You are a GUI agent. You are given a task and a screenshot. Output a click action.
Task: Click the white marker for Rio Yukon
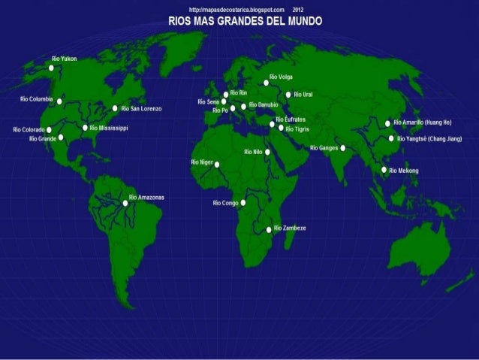[x=51, y=68]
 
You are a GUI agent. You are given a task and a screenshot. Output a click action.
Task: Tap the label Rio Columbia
[x=36, y=98]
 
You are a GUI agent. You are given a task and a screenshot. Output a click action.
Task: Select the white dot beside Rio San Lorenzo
[x=115, y=108]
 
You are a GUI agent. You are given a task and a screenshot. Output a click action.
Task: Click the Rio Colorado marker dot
[x=49, y=130]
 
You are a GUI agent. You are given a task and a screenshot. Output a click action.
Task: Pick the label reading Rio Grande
[x=43, y=138]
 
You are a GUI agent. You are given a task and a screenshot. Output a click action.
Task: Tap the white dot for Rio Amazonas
[x=125, y=203]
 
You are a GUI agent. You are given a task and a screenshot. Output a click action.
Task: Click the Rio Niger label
[x=202, y=162]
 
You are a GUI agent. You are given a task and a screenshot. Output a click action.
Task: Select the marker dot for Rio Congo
[x=243, y=202]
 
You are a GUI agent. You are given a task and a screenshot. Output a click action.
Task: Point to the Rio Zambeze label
[x=290, y=227]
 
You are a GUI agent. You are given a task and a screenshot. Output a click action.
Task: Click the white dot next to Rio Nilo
[x=267, y=152]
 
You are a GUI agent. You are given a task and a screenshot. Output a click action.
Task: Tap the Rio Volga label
[x=281, y=77]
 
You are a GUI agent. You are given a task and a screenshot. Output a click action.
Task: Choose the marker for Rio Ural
[x=288, y=95]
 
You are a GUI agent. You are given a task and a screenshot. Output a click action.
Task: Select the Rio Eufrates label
[x=291, y=119]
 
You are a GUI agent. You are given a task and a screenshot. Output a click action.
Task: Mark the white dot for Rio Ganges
[x=342, y=148]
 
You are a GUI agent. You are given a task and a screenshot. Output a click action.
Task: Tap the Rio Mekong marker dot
[x=384, y=171]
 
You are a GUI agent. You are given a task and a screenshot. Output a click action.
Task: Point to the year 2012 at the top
[x=298, y=8]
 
